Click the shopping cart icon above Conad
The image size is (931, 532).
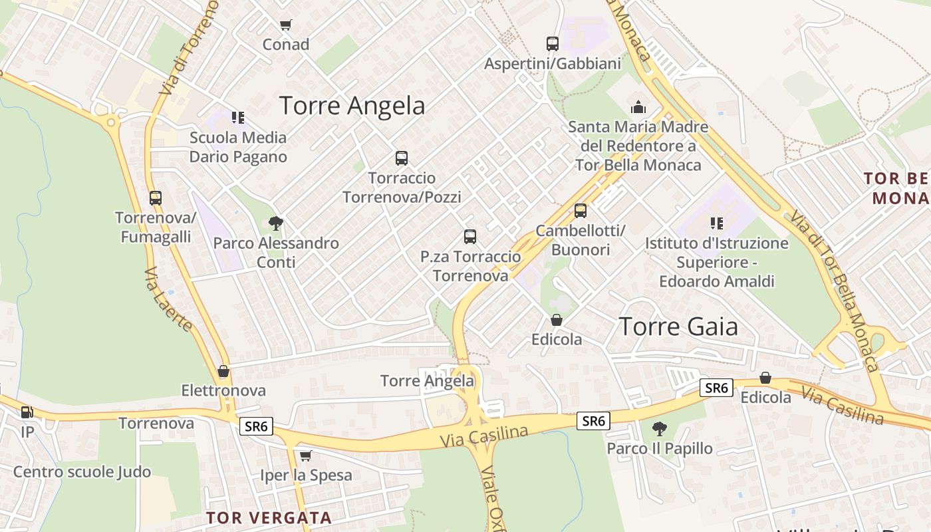pos(285,25)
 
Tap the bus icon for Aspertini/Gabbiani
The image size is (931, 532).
pos(552,44)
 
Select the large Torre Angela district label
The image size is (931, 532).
pos(352,106)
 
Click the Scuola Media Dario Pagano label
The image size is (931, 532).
pos(238,147)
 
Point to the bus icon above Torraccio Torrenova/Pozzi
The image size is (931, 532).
pos(401,158)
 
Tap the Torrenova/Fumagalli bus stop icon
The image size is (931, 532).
pos(155,198)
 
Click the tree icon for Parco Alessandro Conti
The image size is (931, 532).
pos(275,223)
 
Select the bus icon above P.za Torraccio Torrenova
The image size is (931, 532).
pos(469,237)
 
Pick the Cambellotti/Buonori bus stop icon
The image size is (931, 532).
pos(580,211)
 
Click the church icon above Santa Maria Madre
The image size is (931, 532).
pos(638,106)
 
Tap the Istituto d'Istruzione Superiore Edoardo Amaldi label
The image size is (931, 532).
pos(717,262)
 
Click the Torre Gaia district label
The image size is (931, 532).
pos(678,327)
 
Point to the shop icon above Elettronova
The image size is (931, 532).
pos(223,371)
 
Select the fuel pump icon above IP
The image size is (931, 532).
pos(27,412)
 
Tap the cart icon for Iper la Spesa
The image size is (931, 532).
pos(305,456)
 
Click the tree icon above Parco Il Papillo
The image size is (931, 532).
pos(659,429)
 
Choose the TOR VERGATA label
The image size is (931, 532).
pos(269,517)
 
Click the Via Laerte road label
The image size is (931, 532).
pos(168,299)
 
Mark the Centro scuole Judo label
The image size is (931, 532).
pos(82,472)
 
